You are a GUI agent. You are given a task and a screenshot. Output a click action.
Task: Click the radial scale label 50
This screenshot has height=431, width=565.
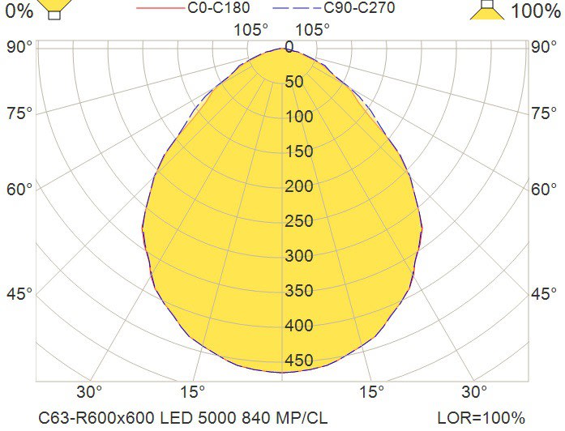pyautogui.click(x=293, y=82)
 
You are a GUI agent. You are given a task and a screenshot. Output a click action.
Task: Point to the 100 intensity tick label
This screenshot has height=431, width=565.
pyautogui.click(x=298, y=117)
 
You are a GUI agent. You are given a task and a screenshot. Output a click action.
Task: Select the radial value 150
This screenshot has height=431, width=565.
pyautogui.click(x=298, y=151)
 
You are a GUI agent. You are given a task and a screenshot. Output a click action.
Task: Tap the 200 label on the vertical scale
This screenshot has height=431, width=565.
pyautogui.click(x=298, y=186)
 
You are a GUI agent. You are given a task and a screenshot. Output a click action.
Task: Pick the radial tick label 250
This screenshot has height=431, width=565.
pyautogui.click(x=298, y=221)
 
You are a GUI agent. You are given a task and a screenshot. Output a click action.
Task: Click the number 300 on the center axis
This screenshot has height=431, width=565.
pyautogui.click(x=298, y=256)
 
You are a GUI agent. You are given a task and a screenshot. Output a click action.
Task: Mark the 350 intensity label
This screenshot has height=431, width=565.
pyautogui.click(x=298, y=291)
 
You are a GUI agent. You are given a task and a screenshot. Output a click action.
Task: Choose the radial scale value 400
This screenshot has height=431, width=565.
pyautogui.click(x=298, y=326)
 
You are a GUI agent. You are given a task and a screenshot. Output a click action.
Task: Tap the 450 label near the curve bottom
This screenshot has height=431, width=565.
pyautogui.click(x=298, y=361)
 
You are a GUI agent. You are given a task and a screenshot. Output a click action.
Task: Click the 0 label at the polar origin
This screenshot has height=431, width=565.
pyautogui.click(x=289, y=47)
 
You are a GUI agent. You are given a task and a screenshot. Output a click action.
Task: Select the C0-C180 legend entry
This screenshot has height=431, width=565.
pyautogui.click(x=214, y=9)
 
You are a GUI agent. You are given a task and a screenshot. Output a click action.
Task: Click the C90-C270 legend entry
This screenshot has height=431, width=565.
pyautogui.click(x=358, y=9)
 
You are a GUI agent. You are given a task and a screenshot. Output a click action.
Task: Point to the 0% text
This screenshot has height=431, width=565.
pyautogui.click(x=18, y=11)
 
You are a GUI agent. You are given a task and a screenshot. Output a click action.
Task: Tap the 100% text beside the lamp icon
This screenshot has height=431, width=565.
pyautogui.click(x=534, y=11)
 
